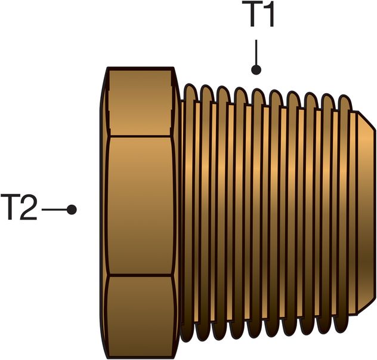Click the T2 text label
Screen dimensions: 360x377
point(22,209)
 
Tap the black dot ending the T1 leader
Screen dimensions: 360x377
point(257,70)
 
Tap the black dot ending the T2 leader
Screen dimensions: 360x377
point(72,210)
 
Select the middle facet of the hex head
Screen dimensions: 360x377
point(141,206)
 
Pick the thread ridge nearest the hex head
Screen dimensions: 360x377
point(190,209)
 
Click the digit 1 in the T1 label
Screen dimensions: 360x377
point(266,17)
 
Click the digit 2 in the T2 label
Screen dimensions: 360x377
point(29,209)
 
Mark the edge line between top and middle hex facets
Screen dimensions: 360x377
point(141,136)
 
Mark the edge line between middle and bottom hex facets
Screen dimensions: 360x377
point(141,276)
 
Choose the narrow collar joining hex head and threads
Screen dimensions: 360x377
point(181,209)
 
